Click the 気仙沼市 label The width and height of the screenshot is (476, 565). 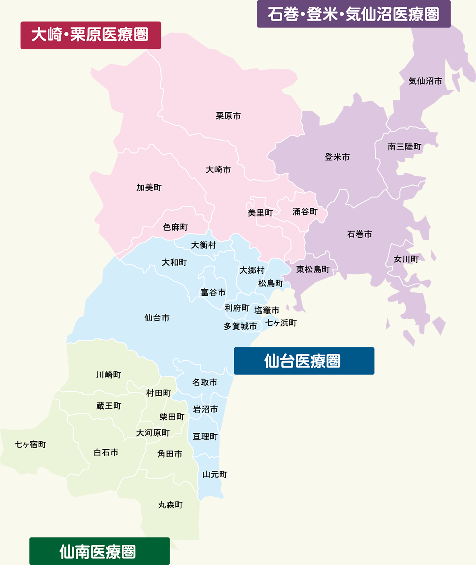[425, 81]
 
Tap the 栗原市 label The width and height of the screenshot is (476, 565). [228, 116]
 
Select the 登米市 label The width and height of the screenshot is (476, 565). [337, 157]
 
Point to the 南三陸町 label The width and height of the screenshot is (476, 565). [404, 147]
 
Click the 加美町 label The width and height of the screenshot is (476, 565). [149, 188]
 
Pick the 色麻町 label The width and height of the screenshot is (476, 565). [175, 227]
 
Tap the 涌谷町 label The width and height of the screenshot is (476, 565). [305, 212]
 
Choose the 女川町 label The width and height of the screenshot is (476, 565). [406, 259]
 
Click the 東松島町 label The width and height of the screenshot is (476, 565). [313, 269]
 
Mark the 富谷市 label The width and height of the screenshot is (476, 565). [213, 293]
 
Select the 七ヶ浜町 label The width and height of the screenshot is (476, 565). [281, 323]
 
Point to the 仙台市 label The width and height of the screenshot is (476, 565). [157, 318]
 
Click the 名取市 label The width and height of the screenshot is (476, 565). [205, 382]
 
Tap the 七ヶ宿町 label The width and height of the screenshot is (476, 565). [30, 445]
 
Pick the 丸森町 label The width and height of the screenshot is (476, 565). [170, 505]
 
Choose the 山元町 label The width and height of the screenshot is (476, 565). [215, 474]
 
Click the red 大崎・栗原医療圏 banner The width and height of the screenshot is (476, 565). [91, 35]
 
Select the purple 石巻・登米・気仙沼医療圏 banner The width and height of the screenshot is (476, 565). [354, 14]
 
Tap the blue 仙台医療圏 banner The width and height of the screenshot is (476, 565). [304, 361]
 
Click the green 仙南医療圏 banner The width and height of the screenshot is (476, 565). [100, 551]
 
